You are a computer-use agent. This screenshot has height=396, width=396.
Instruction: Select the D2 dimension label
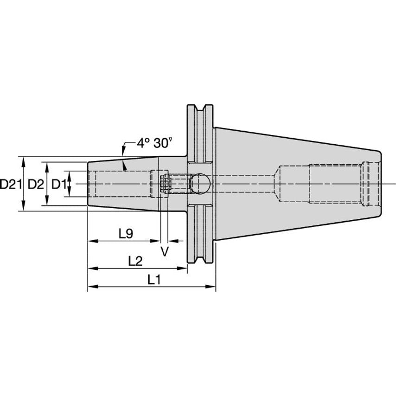pos(36,184)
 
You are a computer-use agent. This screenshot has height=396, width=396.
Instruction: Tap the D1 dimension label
pos(58,184)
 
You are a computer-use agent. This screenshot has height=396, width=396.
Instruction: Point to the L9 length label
pos(125,234)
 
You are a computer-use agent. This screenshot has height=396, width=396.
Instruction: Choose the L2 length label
pos(135,261)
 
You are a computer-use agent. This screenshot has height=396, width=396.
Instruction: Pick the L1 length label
pos(154,280)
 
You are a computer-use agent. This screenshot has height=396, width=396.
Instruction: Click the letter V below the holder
pos(164,251)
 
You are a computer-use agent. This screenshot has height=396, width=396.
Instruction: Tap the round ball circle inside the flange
pos(200,183)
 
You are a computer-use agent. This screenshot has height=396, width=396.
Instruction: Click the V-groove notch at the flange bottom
pos(200,258)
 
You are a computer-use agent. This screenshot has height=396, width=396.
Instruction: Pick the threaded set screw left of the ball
pos(178,183)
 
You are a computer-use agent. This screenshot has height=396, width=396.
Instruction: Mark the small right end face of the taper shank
pos(380,184)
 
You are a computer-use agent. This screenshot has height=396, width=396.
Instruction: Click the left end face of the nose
pos(88,184)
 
